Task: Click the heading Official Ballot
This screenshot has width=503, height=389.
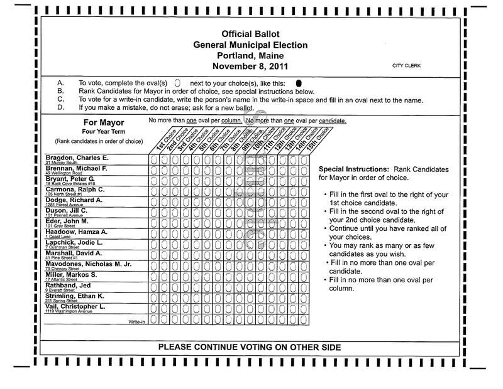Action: pyautogui.click(x=250, y=34)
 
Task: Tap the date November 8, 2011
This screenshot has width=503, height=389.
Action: pyautogui.click(x=250, y=66)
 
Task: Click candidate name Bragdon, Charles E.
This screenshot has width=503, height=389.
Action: pyautogui.click(x=77, y=157)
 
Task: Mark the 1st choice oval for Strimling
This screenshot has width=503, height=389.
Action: pyautogui.click(x=153, y=296)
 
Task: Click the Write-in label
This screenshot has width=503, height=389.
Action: pyautogui.click(x=137, y=321)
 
